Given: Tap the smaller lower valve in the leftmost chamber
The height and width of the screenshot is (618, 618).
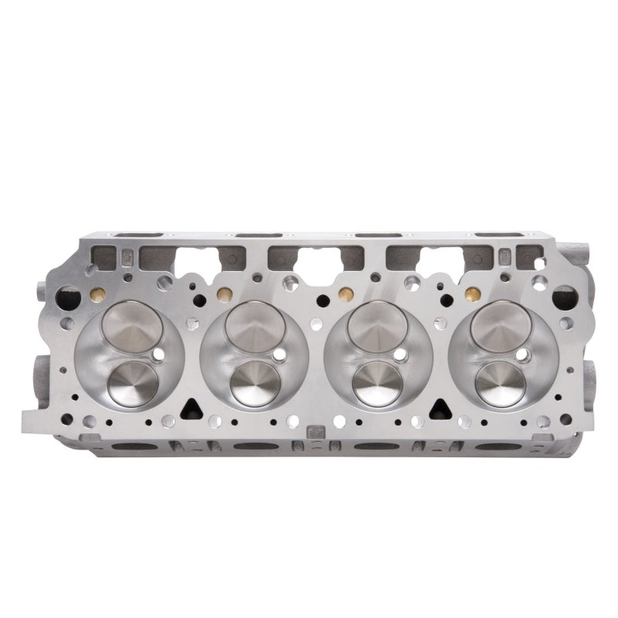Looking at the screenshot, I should (133, 384).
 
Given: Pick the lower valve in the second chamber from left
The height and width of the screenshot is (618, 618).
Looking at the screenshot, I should (255, 383).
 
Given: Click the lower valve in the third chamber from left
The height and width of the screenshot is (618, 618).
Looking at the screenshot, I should (378, 383).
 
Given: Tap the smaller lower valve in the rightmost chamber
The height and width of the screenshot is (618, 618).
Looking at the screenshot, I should (500, 383).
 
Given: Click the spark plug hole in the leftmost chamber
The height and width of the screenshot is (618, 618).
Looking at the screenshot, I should (158, 355).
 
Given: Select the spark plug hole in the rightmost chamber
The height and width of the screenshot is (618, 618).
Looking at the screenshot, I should (523, 355).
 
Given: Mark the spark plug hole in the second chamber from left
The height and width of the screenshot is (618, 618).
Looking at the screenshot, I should (279, 355).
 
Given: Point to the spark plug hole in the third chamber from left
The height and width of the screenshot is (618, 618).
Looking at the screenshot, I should (402, 355).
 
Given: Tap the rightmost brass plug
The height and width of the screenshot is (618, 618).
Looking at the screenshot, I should (471, 294).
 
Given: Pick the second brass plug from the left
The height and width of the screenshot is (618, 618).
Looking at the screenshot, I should (224, 294).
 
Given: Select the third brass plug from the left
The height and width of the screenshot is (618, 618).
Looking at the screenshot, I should (346, 294).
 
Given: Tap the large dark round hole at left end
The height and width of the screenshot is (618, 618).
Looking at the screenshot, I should (68, 296).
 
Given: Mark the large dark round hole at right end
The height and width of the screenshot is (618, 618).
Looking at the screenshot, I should (563, 296).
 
